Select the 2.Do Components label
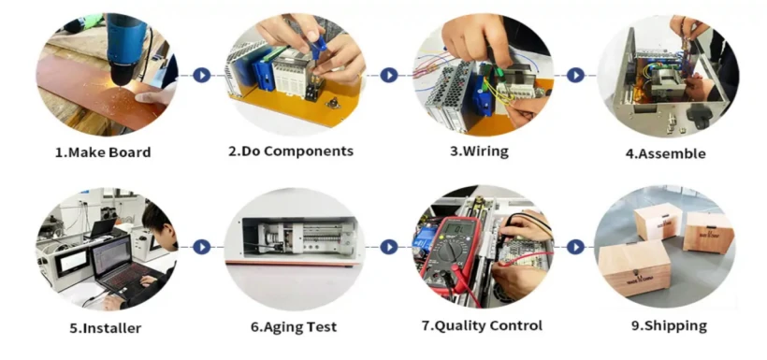point(292,151)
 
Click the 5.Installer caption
point(106,327)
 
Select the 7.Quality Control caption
point(481,326)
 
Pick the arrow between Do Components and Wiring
point(387,75)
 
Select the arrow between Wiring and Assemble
point(575,75)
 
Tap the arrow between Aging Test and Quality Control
point(387,247)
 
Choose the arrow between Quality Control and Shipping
point(575,247)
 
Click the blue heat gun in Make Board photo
point(125,42)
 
